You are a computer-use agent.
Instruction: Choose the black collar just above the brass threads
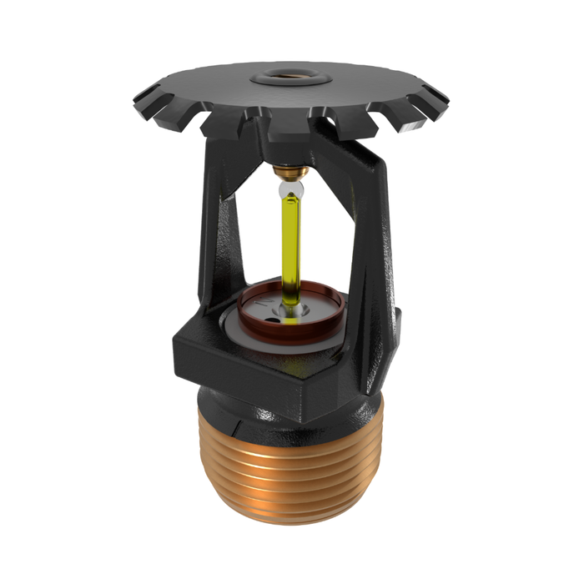coord(292,413)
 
